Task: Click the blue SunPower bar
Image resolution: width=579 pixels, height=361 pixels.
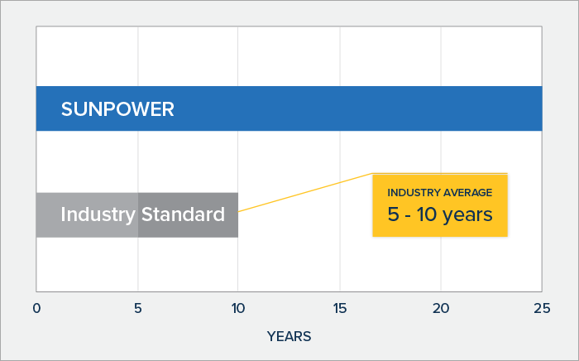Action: point(289,108)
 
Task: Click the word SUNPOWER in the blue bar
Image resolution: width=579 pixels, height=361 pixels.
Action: point(117,109)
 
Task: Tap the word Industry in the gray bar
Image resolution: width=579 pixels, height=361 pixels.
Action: point(98,214)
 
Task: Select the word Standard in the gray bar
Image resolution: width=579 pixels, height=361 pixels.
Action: point(183,214)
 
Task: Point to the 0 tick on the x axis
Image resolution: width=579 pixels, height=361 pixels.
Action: point(36,308)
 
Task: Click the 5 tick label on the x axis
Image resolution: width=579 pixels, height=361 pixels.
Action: point(138,308)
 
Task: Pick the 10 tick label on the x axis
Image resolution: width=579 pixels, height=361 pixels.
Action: point(238,308)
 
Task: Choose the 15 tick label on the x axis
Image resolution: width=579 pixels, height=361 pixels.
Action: point(340,308)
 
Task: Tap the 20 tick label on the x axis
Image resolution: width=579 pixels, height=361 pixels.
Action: point(441,308)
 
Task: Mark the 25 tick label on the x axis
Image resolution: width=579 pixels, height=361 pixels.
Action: point(542,308)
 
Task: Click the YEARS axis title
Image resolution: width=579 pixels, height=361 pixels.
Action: point(289,336)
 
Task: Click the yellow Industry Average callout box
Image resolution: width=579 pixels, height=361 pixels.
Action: point(440,205)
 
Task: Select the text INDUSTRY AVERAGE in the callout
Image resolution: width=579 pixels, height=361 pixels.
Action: point(440,193)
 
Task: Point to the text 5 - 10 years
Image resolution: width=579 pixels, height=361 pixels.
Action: point(440,214)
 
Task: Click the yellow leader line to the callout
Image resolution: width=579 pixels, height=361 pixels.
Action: point(305,192)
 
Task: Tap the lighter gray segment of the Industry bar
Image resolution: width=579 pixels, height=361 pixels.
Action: point(87,214)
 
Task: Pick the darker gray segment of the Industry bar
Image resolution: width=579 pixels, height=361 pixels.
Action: point(188,214)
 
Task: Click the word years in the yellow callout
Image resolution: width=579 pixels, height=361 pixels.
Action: point(467,215)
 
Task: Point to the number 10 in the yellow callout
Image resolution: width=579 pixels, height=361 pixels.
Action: point(427,214)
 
